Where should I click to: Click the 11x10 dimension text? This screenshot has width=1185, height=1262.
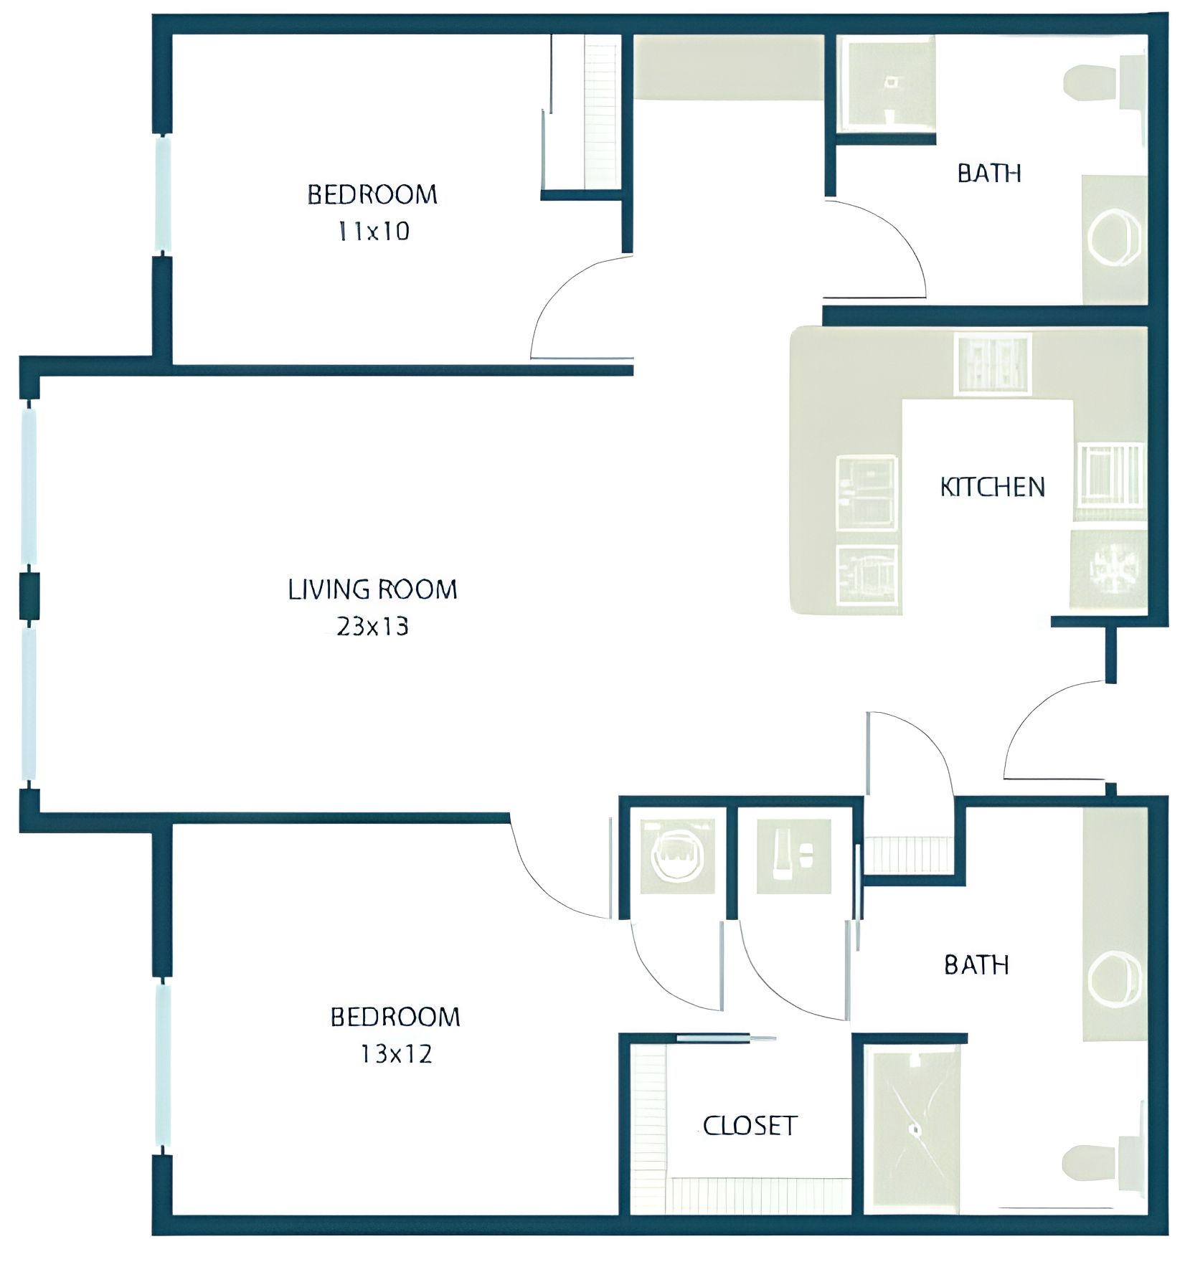374,231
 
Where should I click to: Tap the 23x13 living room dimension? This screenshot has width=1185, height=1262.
372,627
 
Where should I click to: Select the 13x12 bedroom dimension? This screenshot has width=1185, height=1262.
396,1053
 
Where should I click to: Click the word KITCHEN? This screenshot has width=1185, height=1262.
992,488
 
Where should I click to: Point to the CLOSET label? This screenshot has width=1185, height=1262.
750,1126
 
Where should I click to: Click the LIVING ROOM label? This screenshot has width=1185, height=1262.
372,589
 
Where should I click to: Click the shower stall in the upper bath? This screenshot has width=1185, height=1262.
888,85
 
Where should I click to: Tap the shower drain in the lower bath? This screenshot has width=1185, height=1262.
915,1129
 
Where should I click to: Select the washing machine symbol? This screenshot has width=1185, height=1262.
677,857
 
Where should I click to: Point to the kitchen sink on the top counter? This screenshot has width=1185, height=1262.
993,364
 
